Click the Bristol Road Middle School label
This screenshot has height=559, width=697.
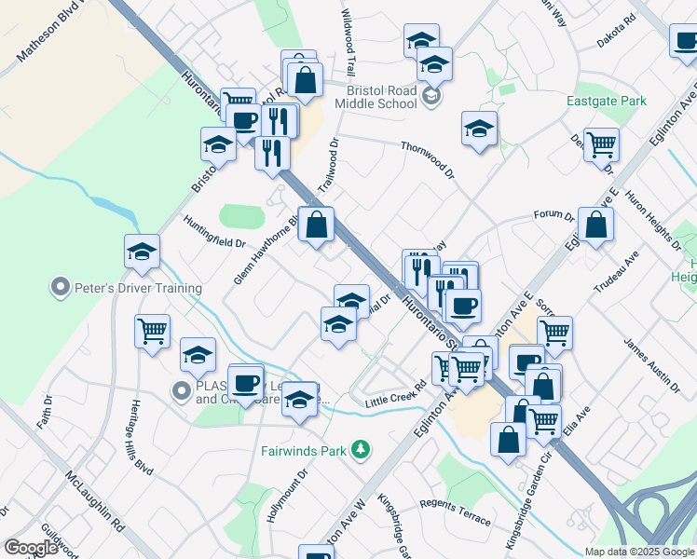(381, 97)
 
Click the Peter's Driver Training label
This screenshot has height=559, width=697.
(124, 288)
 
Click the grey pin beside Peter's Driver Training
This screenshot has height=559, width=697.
(61, 287)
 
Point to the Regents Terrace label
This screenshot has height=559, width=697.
(456, 513)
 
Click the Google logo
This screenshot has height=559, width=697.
(32, 548)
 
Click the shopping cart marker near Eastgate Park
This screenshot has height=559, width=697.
(602, 145)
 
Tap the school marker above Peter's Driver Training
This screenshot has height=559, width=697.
(142, 252)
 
